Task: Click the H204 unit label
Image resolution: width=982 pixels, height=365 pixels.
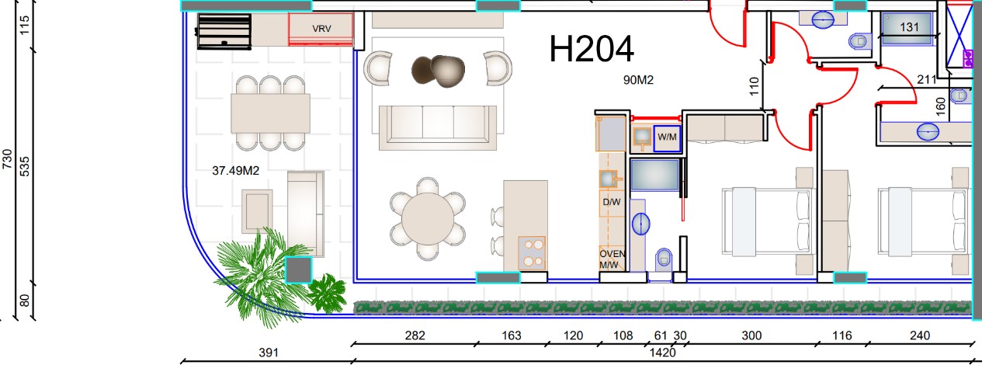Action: point(592,49)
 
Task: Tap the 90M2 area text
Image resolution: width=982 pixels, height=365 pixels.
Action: point(638,80)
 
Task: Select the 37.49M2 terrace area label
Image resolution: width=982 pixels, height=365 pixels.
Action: point(235,171)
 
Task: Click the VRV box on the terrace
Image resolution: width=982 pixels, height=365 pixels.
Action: point(321,29)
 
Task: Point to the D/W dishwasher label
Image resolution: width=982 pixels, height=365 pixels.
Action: point(612,202)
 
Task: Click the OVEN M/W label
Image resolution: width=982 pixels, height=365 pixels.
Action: point(612,259)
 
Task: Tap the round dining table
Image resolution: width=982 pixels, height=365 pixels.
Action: point(428,218)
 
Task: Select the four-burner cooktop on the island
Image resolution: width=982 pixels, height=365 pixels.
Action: point(532,253)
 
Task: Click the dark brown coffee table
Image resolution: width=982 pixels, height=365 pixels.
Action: point(439,71)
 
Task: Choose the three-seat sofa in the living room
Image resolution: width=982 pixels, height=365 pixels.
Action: point(438,127)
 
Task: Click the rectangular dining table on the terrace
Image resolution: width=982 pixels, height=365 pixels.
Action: point(270,113)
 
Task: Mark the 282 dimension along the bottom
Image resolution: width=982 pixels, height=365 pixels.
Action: point(415,335)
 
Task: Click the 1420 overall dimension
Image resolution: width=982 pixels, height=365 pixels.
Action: point(662,353)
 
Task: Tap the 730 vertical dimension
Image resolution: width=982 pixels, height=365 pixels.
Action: point(8,158)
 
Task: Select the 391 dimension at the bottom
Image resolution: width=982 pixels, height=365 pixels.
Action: point(269,353)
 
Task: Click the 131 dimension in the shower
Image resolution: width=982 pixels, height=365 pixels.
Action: point(909,27)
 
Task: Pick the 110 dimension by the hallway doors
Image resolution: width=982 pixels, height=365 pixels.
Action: point(754,86)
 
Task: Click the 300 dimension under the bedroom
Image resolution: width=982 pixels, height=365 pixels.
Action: point(751,335)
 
